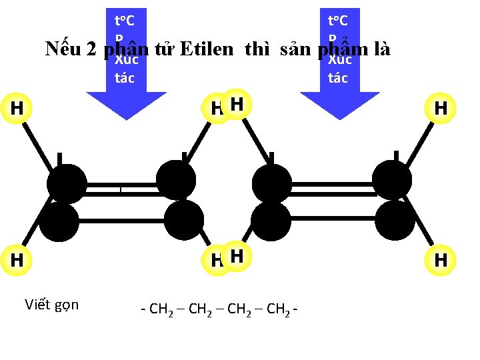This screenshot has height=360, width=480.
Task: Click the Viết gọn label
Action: coord(52,305)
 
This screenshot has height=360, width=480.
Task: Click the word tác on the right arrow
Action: coord(338,78)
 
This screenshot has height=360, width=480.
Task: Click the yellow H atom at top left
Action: coord(17,108)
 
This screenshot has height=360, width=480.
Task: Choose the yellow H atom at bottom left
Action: coord(17,259)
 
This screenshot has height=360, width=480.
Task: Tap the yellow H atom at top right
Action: coord(441,108)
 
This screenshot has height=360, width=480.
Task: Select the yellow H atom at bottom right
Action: coord(441,259)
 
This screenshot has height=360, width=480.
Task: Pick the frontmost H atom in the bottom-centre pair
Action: coord(238,255)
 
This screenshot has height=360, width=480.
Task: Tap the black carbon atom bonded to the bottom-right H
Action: coord(395,221)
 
